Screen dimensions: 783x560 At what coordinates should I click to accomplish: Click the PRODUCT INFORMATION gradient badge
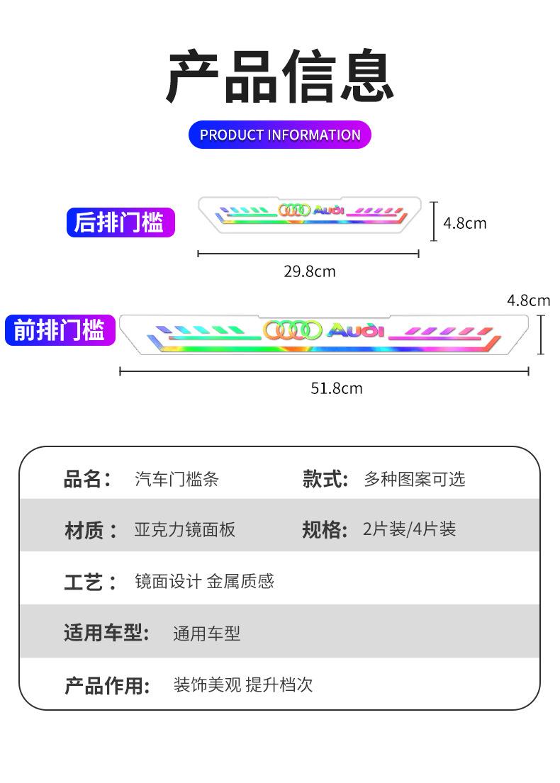(280, 135)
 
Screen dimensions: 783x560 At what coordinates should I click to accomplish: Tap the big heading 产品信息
(280, 77)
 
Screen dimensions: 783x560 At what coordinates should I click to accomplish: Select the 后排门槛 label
(120, 222)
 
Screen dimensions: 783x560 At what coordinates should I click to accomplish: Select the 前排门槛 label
(60, 330)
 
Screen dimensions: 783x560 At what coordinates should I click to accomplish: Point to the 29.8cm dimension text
(310, 271)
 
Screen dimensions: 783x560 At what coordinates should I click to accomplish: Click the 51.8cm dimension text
(337, 388)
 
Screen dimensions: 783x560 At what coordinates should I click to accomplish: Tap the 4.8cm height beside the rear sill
(465, 223)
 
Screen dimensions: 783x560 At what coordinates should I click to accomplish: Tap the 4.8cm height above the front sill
(529, 300)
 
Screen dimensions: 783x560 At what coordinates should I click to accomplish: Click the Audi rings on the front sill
(293, 330)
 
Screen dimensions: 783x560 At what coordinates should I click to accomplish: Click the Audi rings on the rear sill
(294, 210)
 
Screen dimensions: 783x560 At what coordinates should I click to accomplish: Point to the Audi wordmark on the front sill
(355, 330)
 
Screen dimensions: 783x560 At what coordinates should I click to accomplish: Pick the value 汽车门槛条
(177, 479)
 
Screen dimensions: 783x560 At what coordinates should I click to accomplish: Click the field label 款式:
(325, 479)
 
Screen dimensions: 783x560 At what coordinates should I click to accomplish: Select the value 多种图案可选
(415, 479)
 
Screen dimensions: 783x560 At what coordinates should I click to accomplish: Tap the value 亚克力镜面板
(185, 529)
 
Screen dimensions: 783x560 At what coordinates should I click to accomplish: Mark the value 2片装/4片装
(409, 529)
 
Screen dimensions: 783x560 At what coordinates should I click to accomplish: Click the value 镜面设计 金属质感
(204, 582)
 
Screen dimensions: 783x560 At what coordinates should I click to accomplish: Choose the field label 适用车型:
(107, 633)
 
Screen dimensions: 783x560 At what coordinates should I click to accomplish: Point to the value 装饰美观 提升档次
(243, 685)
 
